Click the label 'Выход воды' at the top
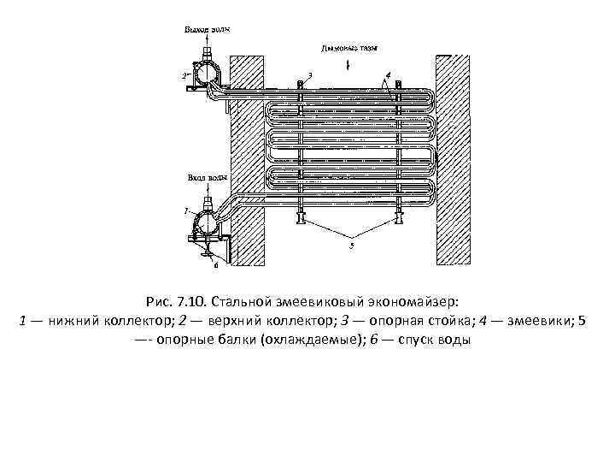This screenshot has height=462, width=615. [205, 30]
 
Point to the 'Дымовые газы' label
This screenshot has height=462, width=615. [348, 49]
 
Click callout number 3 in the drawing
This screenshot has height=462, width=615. [309, 75]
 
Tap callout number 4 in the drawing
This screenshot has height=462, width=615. [389, 75]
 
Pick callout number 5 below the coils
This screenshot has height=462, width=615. [349, 246]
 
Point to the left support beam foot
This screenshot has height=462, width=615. [301, 219]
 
